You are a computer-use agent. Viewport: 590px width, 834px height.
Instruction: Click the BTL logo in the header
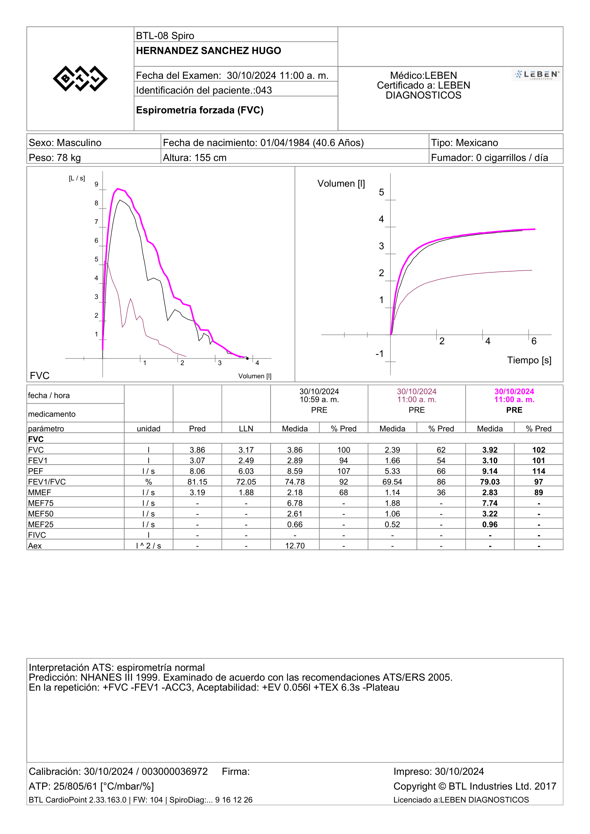click(80, 78)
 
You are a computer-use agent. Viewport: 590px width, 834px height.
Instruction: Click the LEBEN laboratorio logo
click(536, 75)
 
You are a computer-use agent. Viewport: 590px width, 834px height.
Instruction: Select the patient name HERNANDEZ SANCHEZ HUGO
click(208, 51)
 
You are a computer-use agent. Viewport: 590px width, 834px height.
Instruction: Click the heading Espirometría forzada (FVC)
click(200, 110)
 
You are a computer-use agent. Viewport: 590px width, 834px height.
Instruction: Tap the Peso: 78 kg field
click(55, 158)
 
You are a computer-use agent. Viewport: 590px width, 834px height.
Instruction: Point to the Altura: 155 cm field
click(195, 158)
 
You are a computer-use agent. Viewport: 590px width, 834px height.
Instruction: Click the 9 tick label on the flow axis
click(96, 184)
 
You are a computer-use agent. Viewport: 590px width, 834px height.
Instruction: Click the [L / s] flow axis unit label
click(77, 178)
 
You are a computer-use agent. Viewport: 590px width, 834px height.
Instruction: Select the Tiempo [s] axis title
click(529, 360)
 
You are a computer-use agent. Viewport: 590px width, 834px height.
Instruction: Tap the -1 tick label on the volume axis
click(379, 353)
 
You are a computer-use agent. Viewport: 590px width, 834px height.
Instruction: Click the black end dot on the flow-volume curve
click(248, 358)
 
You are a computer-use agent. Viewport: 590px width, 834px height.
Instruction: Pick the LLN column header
click(246, 429)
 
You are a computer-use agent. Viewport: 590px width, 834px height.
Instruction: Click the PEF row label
click(36, 471)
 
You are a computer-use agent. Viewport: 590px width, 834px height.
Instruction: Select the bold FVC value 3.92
click(490, 450)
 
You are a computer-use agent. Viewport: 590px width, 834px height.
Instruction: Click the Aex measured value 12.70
click(295, 546)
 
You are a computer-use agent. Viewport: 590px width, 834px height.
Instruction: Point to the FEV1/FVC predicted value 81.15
click(197, 482)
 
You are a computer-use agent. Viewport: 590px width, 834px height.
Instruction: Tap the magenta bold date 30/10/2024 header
click(514, 392)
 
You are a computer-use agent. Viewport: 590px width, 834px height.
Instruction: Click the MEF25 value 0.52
click(392, 525)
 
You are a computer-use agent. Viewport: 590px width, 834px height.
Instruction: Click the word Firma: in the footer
click(236, 771)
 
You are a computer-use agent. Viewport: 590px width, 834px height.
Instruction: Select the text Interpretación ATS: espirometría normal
click(117, 667)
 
